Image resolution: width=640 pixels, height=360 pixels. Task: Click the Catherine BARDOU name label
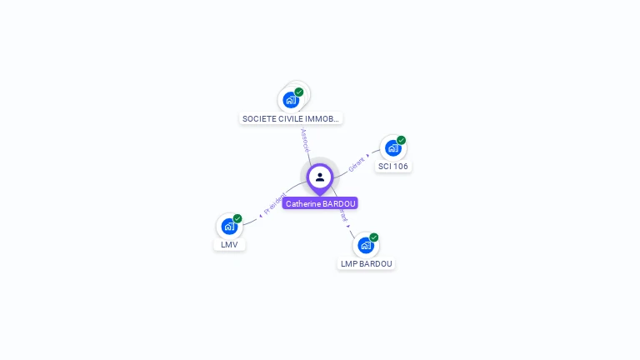[320, 203]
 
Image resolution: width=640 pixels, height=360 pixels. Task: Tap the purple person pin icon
[320, 177]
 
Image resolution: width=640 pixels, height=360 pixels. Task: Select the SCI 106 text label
[393, 166]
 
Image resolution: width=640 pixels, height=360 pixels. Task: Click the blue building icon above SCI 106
[392, 148]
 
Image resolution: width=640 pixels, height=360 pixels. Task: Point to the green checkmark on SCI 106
[401, 140]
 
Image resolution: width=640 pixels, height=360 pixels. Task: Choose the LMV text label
[229, 244]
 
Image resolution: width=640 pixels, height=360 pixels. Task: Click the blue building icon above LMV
[229, 226]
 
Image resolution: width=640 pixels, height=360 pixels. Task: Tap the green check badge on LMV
[237, 218]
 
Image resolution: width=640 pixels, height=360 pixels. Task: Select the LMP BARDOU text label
[366, 263]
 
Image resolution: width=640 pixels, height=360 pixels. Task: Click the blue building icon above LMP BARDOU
[365, 245]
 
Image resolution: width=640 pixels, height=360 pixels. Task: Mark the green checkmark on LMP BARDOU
[373, 237]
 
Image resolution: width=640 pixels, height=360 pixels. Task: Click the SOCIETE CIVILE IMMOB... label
[291, 118]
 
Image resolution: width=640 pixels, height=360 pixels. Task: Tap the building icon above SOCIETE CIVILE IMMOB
[291, 100]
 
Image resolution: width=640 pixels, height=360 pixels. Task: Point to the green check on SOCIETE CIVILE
[299, 92]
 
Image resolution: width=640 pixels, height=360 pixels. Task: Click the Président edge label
[275, 202]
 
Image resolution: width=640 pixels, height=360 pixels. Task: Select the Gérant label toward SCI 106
[356, 164]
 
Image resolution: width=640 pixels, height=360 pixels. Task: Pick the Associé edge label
[305, 139]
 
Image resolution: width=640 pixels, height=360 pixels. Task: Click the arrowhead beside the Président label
[260, 215]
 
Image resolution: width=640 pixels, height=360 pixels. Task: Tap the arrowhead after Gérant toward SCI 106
[367, 155]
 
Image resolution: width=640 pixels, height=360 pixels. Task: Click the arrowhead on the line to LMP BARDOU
[347, 225]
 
